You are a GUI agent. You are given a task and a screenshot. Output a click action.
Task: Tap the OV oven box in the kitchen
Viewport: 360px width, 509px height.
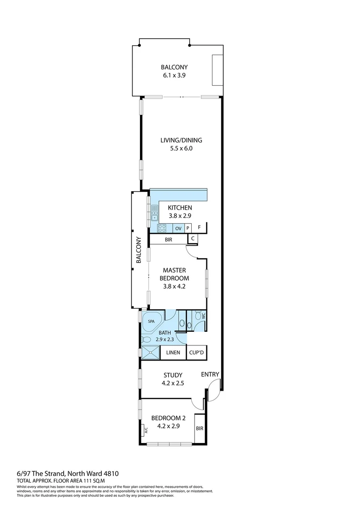tap(178, 228)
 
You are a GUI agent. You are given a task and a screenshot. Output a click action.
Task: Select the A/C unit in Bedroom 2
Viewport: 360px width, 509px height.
tap(145, 430)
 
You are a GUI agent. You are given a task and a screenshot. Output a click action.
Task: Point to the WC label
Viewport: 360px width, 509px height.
tap(204, 317)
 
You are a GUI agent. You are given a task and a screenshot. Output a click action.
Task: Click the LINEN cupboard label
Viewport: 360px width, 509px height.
tap(173, 353)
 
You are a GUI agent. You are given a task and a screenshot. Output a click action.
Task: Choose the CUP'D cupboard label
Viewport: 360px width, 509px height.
tap(197, 353)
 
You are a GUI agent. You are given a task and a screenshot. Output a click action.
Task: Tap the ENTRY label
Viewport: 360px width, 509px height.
tap(210, 375)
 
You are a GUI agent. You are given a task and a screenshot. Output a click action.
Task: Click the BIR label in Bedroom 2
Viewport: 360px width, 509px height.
tap(199, 429)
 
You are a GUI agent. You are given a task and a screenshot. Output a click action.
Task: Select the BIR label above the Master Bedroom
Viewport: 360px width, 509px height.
tap(168, 240)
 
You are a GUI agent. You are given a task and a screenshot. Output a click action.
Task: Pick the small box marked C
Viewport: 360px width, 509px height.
tap(192, 239)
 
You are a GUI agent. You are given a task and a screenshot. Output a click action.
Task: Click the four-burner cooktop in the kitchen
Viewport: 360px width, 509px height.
tap(161, 228)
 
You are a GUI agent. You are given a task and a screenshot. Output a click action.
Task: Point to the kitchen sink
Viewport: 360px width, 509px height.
tap(154, 213)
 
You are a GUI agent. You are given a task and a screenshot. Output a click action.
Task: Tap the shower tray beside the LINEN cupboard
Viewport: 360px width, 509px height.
tap(151, 353)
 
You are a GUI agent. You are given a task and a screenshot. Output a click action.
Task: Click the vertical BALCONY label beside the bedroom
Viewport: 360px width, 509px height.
tap(139, 250)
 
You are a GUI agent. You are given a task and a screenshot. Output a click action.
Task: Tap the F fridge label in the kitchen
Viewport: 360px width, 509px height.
tap(200, 228)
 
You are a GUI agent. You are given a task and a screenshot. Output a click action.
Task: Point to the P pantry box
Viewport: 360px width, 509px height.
tap(188, 228)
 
